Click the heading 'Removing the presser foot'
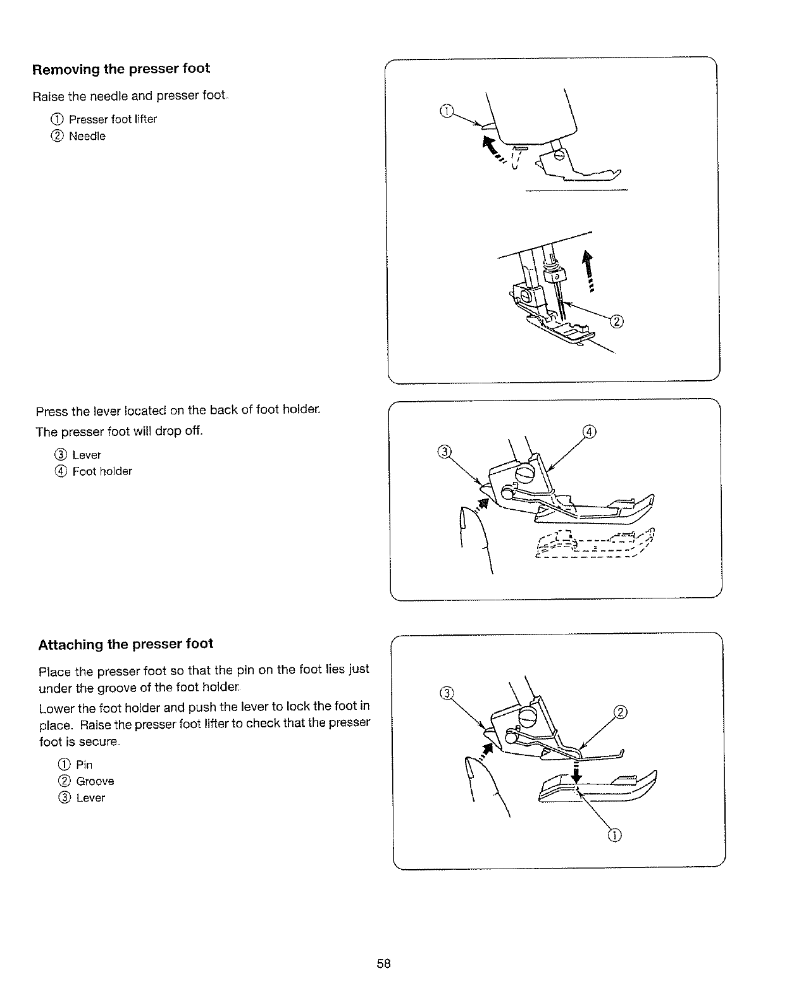121,69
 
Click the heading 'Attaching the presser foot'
126,645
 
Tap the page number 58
383,963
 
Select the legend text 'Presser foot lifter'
113,120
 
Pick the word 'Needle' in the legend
87,137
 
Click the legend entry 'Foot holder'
102,471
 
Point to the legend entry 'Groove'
95,781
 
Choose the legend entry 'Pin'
84,765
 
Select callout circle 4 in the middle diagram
588,432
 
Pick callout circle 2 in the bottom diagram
621,713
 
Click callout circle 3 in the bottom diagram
446,693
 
